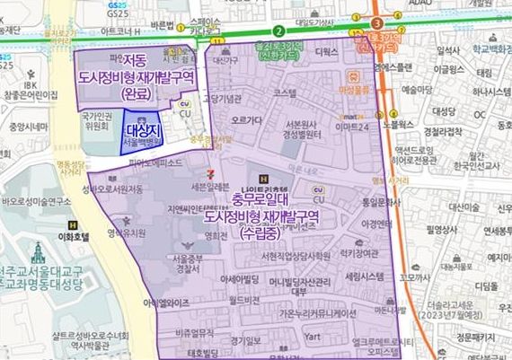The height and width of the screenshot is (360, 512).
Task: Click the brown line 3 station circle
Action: click(x=376, y=22)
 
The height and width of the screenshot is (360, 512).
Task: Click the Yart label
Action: click(x=313, y=337)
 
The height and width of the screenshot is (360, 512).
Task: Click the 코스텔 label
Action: click(x=286, y=93)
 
